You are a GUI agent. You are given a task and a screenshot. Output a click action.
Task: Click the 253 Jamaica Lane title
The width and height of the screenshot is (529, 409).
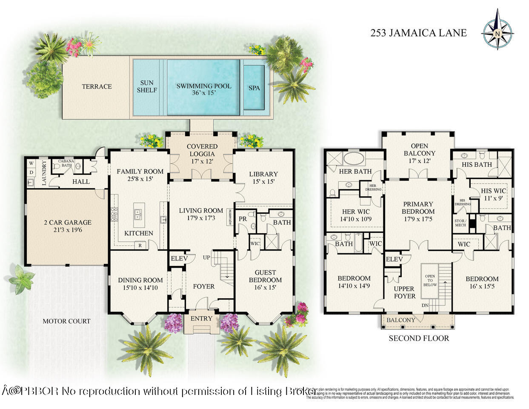[418, 33]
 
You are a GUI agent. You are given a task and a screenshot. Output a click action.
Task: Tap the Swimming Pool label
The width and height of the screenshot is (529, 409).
[204, 86]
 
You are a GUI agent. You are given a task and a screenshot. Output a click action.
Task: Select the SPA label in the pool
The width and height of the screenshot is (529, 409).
[254, 88]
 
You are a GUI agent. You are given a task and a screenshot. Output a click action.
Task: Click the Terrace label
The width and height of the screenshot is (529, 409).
[97, 86]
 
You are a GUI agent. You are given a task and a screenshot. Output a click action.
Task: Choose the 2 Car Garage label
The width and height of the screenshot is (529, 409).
[67, 223]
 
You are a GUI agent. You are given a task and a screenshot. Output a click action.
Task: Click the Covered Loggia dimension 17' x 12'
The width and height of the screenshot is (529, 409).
[202, 161]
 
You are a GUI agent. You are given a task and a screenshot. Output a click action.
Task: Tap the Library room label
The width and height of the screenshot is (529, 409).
[263, 174]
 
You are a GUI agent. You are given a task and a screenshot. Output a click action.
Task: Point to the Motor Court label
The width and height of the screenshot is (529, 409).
[66, 321]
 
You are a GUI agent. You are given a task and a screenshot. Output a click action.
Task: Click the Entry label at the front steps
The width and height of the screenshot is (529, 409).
[201, 319]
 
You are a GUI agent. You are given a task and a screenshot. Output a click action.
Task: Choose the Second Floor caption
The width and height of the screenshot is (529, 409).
[419, 339]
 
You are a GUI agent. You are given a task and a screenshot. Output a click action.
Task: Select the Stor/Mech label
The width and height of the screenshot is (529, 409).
[460, 223]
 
